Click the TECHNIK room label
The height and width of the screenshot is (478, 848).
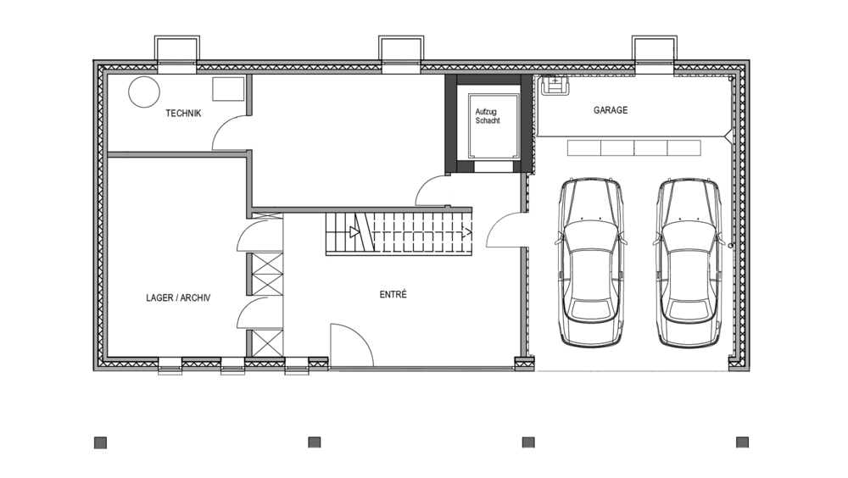tap(183, 113)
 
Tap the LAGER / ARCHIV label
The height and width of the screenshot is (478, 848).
tap(178, 298)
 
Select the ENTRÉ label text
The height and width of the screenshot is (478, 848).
tap(393, 294)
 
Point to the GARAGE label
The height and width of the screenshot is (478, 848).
tap(611, 110)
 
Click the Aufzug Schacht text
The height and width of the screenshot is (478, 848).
tap(488, 116)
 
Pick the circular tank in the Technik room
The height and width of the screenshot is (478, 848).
tap(144, 92)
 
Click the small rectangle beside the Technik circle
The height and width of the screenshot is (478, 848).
tap(227, 89)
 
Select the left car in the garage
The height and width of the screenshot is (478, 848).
tap(590, 262)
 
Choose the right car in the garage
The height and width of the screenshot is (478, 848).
tap(689, 262)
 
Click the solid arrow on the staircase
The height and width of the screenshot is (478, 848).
tap(354, 232)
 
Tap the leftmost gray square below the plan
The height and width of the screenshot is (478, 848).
tap(101, 443)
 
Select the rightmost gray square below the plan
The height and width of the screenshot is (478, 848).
tap(743, 442)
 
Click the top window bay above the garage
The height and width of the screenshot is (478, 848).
tap(655, 54)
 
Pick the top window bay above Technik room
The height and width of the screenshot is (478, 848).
tap(177, 54)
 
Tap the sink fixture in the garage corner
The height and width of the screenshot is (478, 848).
tap(555, 85)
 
